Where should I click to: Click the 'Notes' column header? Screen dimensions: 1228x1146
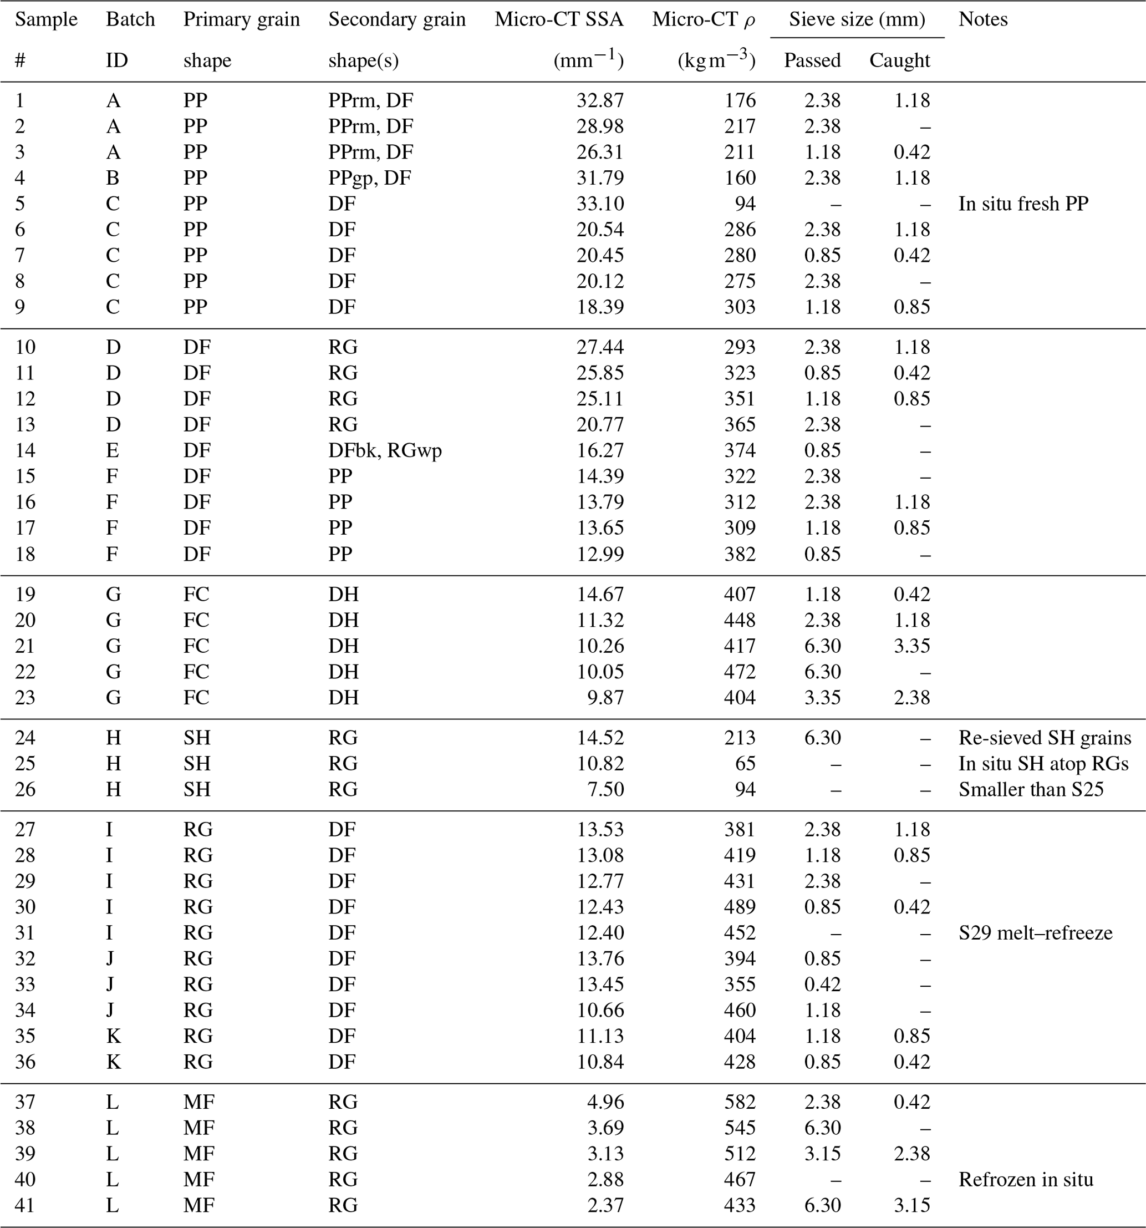point(983,20)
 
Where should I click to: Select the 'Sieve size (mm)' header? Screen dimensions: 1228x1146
point(857,20)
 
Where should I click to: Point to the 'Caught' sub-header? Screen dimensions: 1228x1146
point(900,60)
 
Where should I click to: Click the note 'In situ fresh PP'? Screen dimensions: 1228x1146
point(1023,204)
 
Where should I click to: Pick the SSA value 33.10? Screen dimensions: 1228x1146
point(600,204)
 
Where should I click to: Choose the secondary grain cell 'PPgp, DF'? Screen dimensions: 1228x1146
point(369,178)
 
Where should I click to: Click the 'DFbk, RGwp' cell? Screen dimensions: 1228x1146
point(385,450)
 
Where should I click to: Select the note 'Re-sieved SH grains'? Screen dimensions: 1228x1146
point(1045,738)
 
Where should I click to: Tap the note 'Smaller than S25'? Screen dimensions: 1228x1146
point(1031,789)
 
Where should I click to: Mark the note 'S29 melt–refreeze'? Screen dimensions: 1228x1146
point(1036,933)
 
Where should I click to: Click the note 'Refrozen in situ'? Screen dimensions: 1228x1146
point(1026,1179)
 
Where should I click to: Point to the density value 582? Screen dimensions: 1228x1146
point(740,1102)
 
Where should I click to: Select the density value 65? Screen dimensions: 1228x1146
point(745,764)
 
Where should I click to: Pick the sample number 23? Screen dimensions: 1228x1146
point(26,697)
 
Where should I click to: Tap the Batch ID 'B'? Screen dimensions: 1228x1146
point(113,178)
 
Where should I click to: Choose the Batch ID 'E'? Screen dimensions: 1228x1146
point(112,450)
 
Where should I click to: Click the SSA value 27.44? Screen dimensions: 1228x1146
point(600,347)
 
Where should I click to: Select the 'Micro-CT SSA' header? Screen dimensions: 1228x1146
point(559,20)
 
